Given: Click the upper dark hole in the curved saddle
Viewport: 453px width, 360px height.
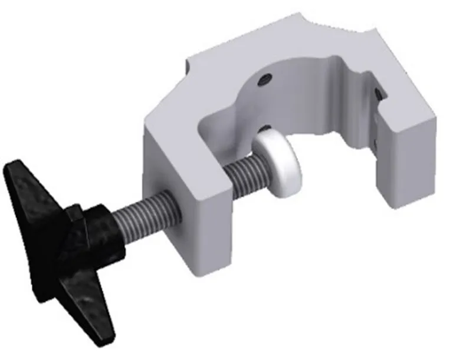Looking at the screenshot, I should [266, 78].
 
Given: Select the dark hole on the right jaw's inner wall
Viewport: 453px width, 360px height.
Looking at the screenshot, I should [377, 93].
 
